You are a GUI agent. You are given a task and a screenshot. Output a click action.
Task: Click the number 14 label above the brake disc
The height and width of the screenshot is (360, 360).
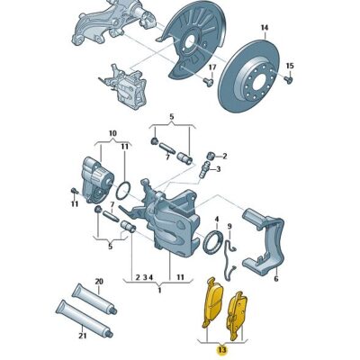click(265, 28)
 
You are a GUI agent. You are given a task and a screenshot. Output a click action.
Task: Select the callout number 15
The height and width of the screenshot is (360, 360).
click(290, 66)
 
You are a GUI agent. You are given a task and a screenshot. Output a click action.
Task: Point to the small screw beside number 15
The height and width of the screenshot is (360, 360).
click(289, 79)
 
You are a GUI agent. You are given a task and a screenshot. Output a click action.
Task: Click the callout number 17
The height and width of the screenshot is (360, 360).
click(212, 68)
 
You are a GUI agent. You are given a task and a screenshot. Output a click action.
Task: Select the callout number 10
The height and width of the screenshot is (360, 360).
click(112, 135)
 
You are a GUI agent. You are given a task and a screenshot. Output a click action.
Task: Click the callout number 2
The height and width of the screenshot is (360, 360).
click(224, 156)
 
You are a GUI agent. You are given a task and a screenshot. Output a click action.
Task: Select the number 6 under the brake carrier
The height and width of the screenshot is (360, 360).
click(275, 280)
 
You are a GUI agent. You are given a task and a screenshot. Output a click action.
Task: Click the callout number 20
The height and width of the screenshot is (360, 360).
click(99, 282)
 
